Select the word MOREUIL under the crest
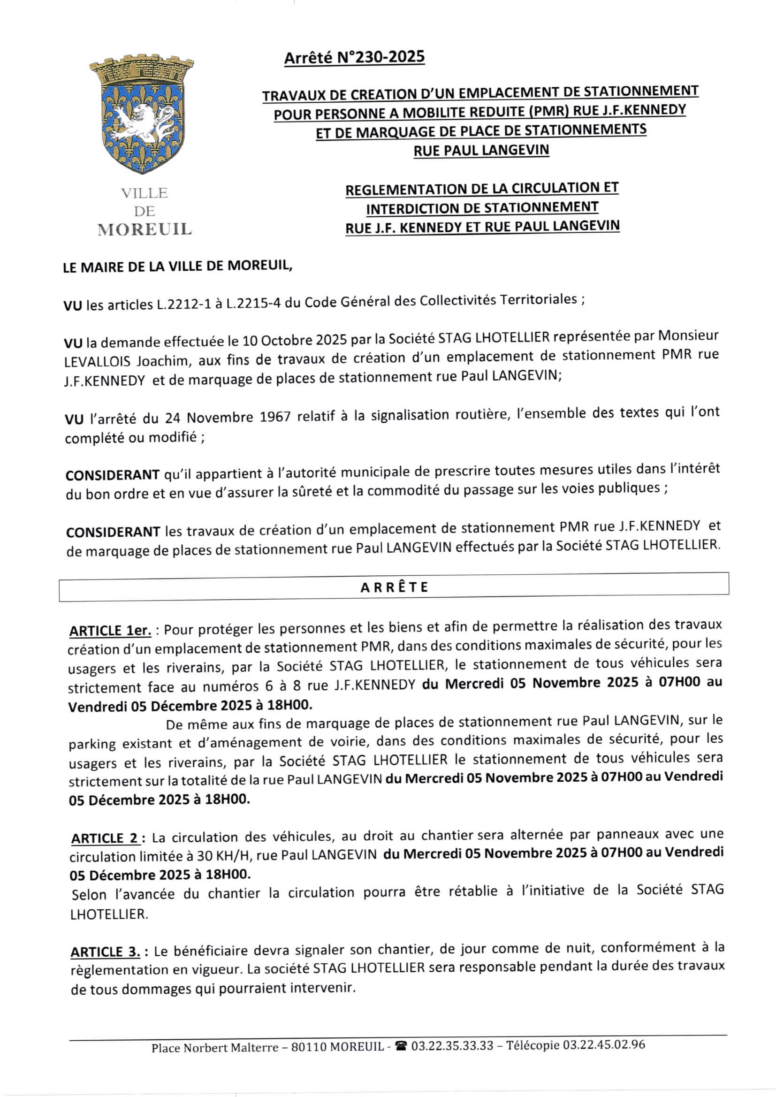tap(145, 230)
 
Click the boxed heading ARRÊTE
tap(394, 587)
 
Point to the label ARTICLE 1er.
tap(110, 631)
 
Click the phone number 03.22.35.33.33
tap(452, 1046)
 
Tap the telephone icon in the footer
tap(401, 1046)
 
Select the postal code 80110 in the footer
tap(308, 1047)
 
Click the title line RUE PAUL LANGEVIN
tap(481, 151)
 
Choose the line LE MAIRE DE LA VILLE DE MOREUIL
tap(177, 266)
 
